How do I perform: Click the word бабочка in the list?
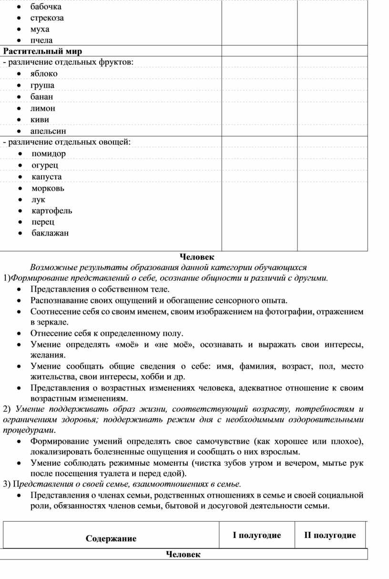pos(46,7)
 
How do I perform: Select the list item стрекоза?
pos(47,18)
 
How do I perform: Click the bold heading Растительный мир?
pos(43,51)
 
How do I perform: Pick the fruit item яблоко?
pos(44,74)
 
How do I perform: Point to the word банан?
pos(42,96)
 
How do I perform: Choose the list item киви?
pos(40,119)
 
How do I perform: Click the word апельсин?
pos(48,131)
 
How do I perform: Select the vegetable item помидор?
pos(49,154)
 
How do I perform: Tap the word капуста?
pos(46,177)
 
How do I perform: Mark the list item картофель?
pos(52,211)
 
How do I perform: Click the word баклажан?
pos(50,233)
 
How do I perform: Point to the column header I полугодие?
pos(256,535)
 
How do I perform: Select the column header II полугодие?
pos(330,535)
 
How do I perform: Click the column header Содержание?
pos(111,538)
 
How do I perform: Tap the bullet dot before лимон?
pos(18,108)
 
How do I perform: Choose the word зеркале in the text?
pos(50,322)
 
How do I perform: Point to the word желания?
pos(48,355)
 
